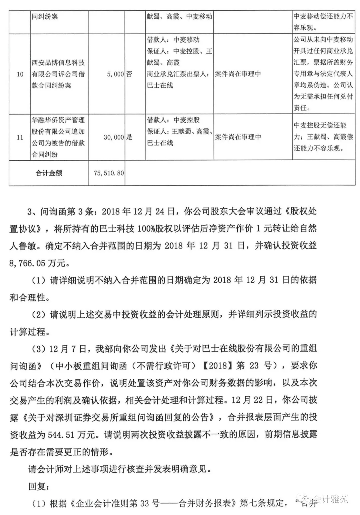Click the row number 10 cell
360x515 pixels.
point(20,74)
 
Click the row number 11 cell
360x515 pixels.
point(20,137)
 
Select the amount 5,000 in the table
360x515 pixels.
point(115,74)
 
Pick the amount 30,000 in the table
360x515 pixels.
point(114,137)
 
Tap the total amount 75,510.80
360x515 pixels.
point(109,173)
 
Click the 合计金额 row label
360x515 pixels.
point(49,173)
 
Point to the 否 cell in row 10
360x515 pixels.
point(129,74)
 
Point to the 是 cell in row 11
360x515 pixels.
point(129,137)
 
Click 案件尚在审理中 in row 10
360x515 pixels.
point(238,74)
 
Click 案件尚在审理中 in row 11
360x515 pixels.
point(238,137)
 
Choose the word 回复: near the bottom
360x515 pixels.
point(38,486)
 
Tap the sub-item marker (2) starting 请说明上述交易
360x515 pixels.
point(40,314)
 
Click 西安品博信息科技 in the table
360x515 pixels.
point(58,63)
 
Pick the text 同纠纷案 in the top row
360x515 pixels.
point(45,16)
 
